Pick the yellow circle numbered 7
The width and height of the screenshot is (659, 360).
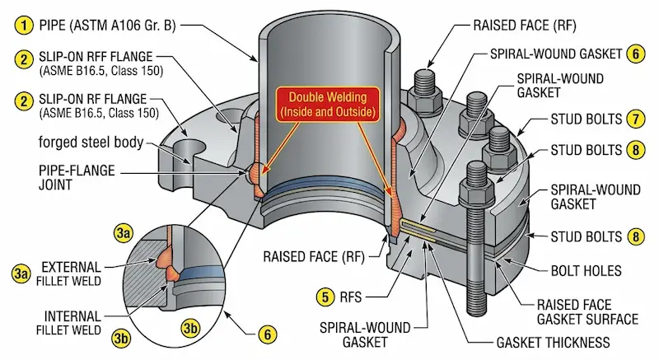634,119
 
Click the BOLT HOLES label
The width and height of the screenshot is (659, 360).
585,269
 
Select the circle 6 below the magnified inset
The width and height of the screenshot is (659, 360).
266,335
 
